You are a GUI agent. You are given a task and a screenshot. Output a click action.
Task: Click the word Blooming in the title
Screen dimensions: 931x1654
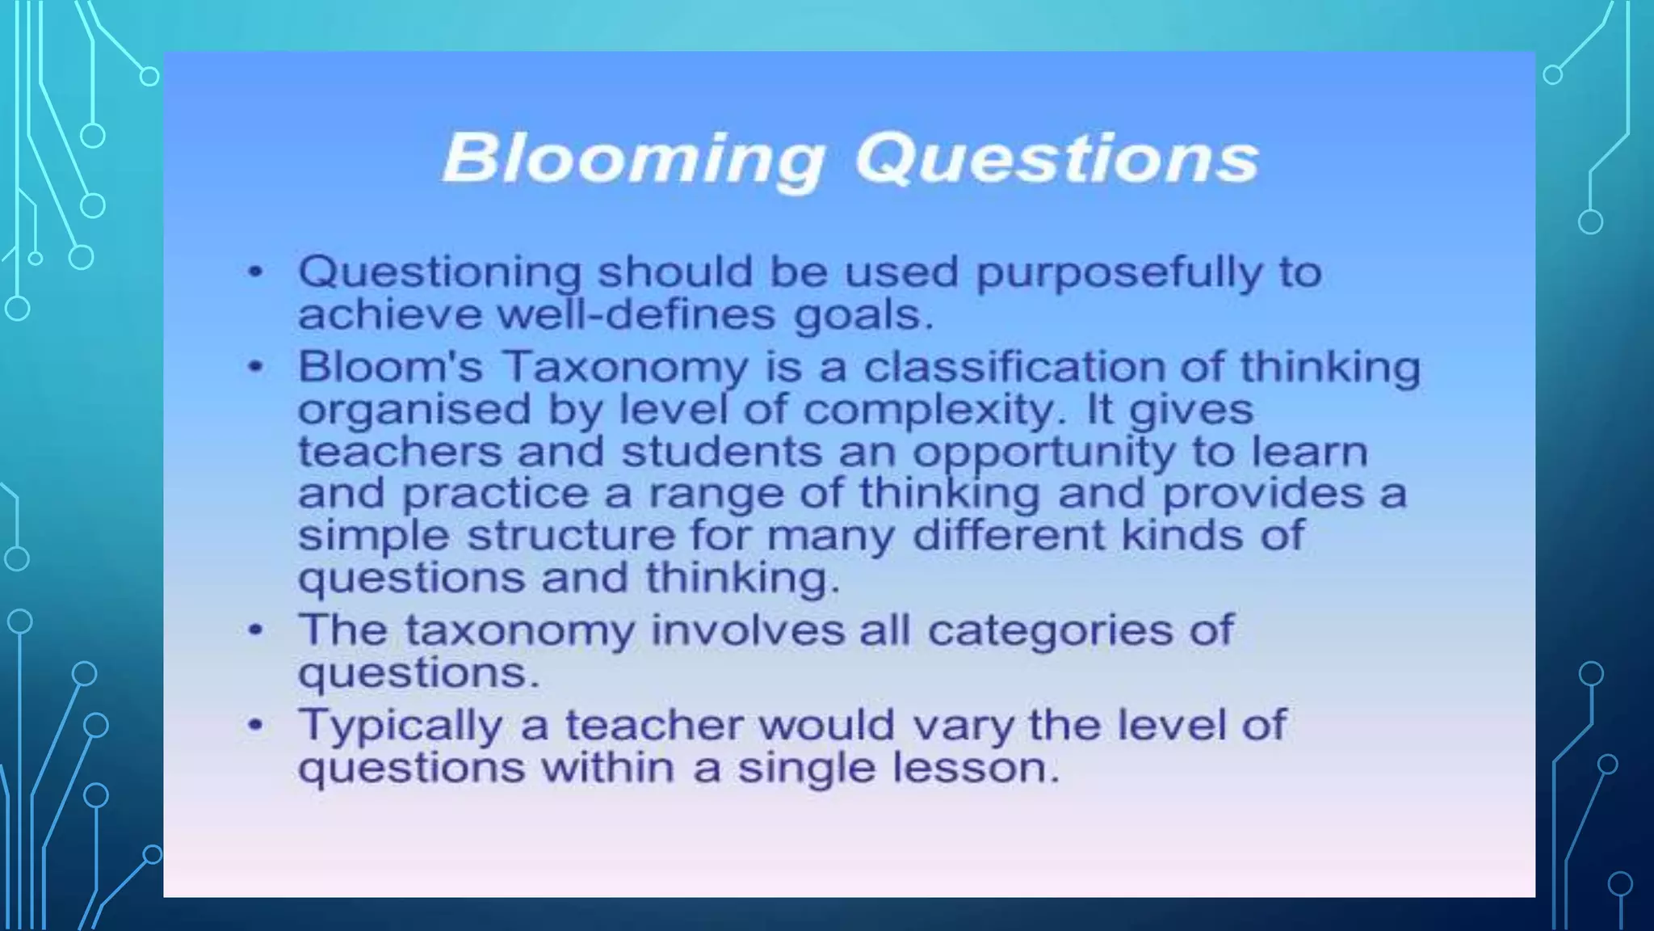click(634, 158)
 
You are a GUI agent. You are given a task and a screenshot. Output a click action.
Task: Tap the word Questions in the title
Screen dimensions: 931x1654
click(1056, 158)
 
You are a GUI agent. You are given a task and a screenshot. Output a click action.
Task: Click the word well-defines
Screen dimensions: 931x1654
click(636, 314)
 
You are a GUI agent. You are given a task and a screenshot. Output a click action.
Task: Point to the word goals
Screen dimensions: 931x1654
click(863, 315)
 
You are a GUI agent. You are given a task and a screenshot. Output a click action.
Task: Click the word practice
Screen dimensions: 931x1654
click(495, 494)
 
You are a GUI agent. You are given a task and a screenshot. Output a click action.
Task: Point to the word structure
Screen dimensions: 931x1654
click(570, 536)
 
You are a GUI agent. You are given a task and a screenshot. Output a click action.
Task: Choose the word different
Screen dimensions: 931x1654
click(1009, 535)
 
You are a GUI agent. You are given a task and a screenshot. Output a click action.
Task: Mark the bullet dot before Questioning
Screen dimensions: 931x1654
click(255, 272)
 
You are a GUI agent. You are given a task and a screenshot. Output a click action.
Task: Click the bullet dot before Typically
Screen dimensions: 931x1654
click(255, 725)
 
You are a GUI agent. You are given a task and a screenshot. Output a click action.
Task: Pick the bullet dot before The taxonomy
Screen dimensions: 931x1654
click(255, 630)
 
